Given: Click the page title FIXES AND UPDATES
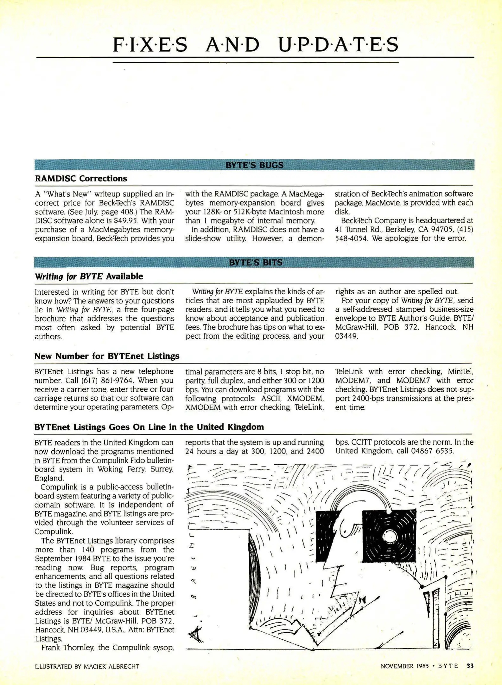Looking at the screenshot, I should (255, 45).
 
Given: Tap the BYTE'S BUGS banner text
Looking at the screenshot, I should (254, 165).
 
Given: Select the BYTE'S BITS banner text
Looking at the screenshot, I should (255, 263).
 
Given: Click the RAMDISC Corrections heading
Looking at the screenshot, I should (81, 179).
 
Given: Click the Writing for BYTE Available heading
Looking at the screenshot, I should (89, 277).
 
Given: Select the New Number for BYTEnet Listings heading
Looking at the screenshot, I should (107, 356).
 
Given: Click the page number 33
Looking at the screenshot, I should (470, 666).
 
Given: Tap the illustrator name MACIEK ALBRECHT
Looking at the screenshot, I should (111, 667).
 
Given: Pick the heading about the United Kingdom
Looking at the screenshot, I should (149, 427).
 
